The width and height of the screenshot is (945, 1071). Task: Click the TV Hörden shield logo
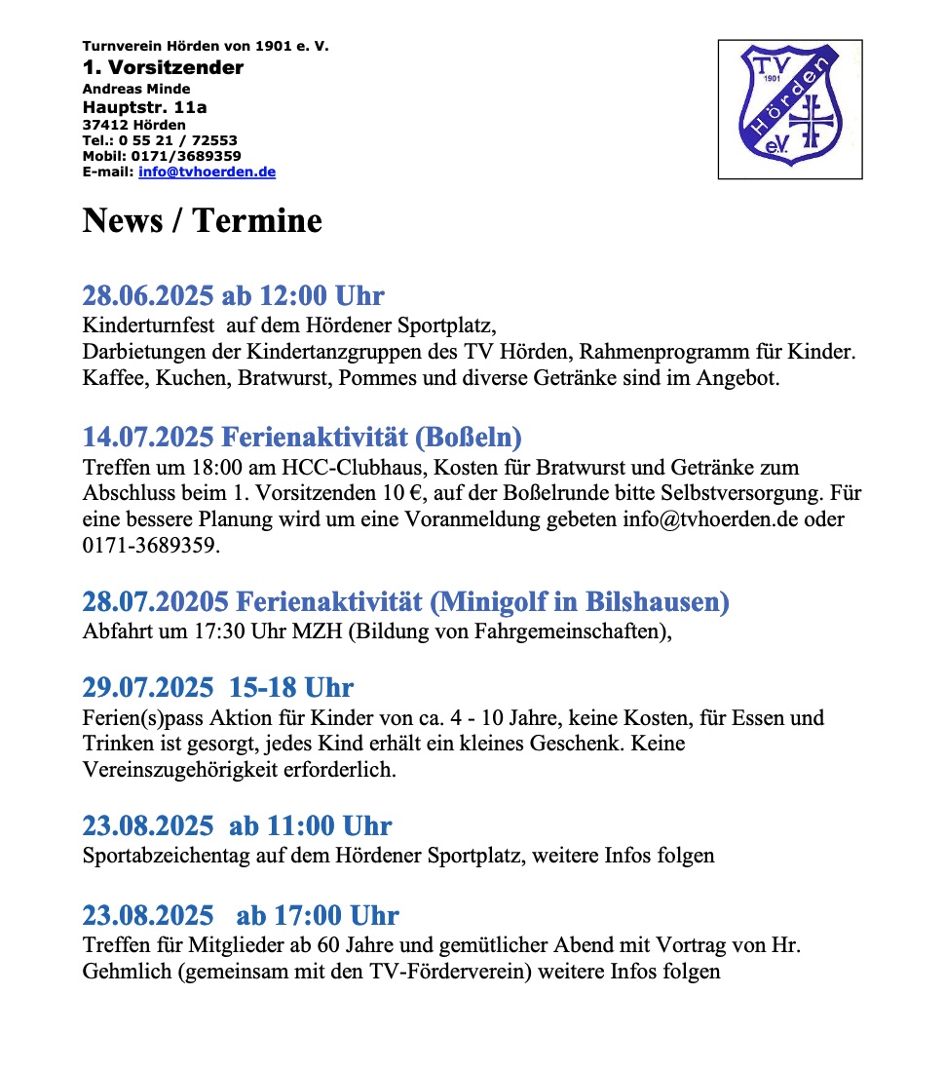click(x=790, y=108)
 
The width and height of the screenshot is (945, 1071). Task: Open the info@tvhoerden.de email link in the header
click(x=207, y=172)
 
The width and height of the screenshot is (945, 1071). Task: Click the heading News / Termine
click(x=202, y=220)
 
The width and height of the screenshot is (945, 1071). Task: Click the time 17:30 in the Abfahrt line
click(x=216, y=631)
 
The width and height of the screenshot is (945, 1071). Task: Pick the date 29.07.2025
click(x=147, y=688)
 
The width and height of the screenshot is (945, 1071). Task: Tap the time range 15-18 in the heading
click(x=263, y=688)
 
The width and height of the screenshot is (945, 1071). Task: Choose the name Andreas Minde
click(x=135, y=89)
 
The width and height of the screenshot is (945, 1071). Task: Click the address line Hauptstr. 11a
click(x=144, y=107)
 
